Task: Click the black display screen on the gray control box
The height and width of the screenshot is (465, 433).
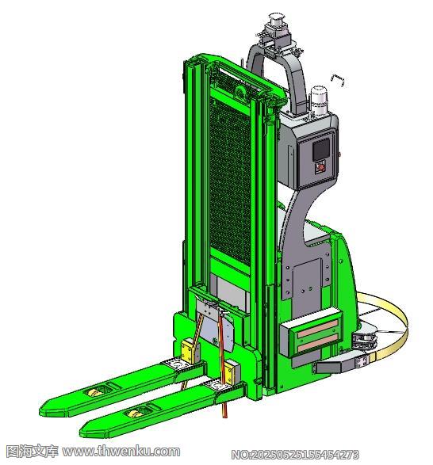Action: click(321, 149)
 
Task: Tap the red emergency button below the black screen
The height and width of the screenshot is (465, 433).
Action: click(320, 167)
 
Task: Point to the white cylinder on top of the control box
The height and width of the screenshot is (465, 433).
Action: click(318, 101)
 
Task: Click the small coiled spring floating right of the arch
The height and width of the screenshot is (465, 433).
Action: click(338, 80)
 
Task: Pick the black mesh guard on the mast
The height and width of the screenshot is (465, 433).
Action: click(230, 181)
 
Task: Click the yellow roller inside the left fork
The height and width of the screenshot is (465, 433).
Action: click(95, 393)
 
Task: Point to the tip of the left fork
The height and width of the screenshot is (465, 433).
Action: click(41, 410)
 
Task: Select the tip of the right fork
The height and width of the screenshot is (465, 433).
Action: click(82, 433)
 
